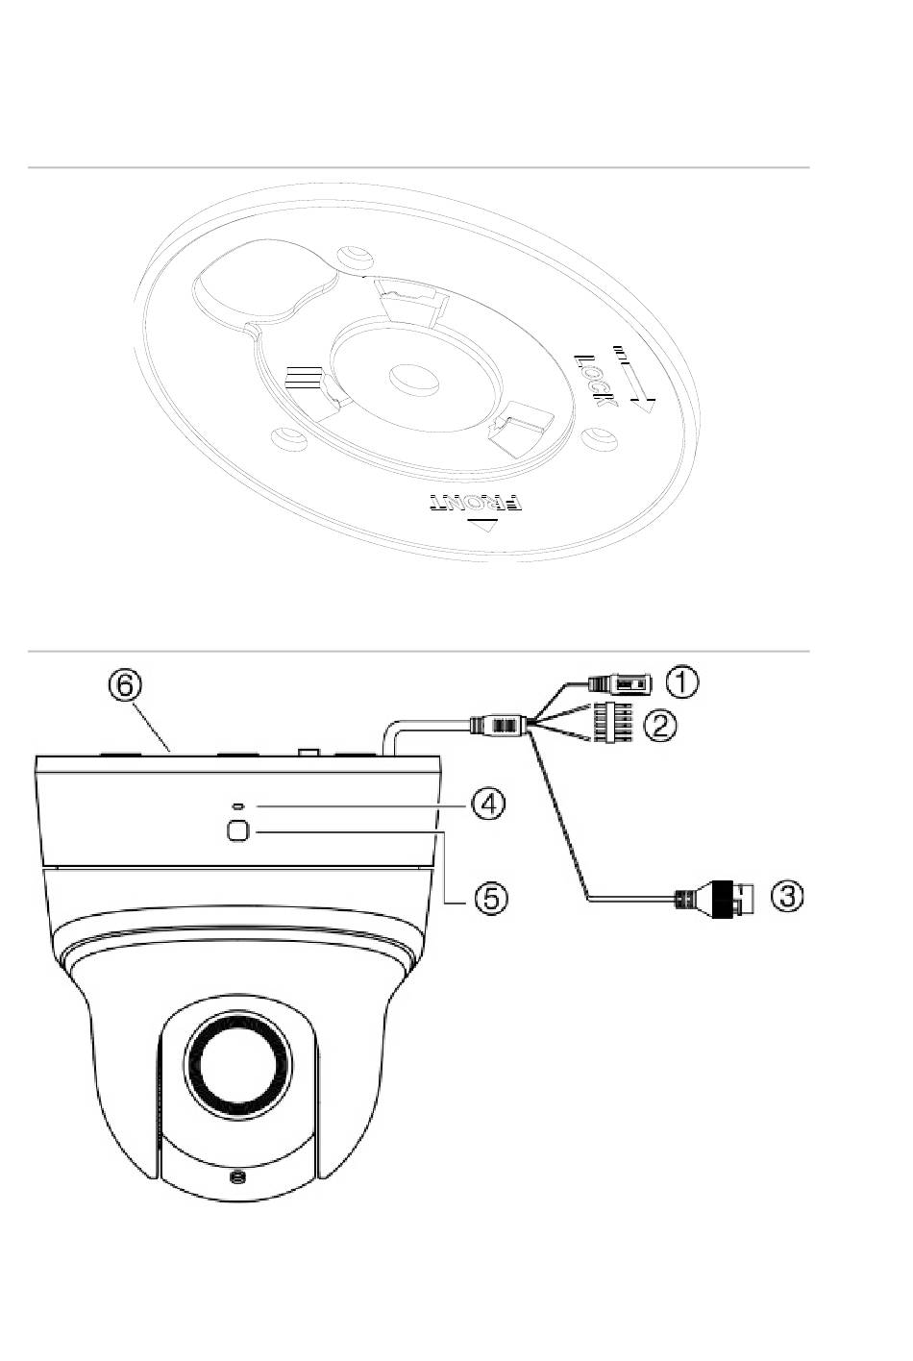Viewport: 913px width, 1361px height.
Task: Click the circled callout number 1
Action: click(682, 681)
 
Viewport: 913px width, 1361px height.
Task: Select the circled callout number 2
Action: click(659, 726)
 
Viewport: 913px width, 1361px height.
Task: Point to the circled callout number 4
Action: click(489, 804)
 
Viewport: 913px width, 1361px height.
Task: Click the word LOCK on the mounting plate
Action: click(596, 382)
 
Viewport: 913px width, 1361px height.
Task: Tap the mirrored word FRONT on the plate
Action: click(476, 503)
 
